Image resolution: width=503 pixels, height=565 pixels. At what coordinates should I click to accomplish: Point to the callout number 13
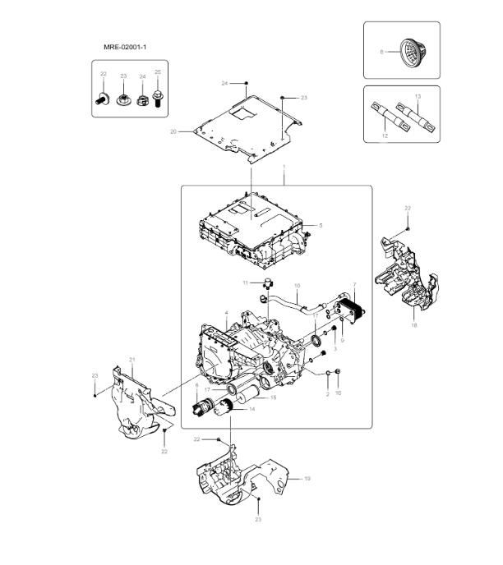[418, 96]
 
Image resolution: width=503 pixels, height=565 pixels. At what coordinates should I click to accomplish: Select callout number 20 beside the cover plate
[173, 131]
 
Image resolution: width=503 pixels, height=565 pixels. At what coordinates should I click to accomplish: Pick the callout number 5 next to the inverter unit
[321, 225]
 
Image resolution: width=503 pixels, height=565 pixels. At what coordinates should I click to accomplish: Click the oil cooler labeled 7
[354, 313]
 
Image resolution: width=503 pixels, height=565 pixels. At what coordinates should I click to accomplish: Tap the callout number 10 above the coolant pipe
[297, 287]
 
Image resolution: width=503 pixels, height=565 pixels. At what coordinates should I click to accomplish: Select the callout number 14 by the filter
[251, 408]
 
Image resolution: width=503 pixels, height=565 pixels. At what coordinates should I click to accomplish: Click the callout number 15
[273, 397]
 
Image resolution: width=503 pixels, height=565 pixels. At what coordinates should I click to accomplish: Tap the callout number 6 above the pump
[196, 384]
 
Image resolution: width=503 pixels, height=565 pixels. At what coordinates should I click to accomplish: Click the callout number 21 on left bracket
[132, 360]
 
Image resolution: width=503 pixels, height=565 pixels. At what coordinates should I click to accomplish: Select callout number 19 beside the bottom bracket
[307, 478]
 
